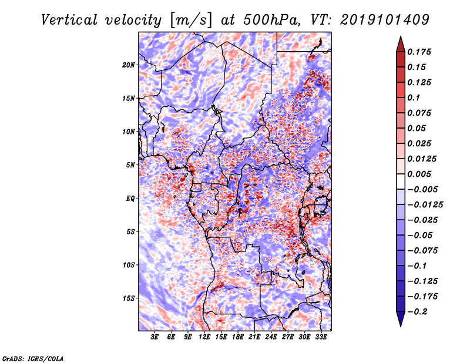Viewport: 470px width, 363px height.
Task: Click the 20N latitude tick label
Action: click(x=129, y=65)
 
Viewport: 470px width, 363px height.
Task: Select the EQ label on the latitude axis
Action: click(x=130, y=199)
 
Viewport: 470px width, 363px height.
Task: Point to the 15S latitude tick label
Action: click(x=129, y=298)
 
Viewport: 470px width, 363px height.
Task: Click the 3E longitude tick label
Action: click(x=155, y=337)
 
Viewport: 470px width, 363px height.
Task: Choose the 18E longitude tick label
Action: click(x=238, y=337)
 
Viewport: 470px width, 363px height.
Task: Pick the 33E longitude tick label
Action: click(x=321, y=337)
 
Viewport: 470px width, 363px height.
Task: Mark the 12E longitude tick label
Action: click(x=205, y=337)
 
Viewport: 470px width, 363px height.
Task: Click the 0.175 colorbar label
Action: click(x=420, y=52)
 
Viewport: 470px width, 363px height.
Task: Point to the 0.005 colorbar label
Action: click(x=420, y=174)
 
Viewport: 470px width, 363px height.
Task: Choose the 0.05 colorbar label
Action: click(x=417, y=128)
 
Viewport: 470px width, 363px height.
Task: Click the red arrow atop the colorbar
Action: click(x=399, y=43)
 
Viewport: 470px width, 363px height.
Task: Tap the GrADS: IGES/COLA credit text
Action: click(x=32, y=358)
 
